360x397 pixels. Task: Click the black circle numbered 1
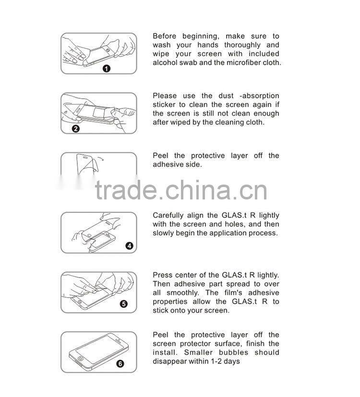tap(107, 69)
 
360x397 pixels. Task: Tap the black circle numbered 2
tap(76, 128)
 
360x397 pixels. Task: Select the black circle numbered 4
tap(130, 245)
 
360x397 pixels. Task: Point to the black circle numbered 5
tap(123, 304)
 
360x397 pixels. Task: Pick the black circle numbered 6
tap(120, 363)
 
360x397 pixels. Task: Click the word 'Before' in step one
tap(164, 36)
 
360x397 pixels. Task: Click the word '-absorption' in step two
tap(259, 96)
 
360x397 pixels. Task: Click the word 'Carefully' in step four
tap(168, 215)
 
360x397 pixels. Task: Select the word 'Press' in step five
tap(162, 275)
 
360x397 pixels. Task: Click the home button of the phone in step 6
tap(80, 359)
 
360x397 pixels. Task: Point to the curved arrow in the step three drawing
tap(101, 159)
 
